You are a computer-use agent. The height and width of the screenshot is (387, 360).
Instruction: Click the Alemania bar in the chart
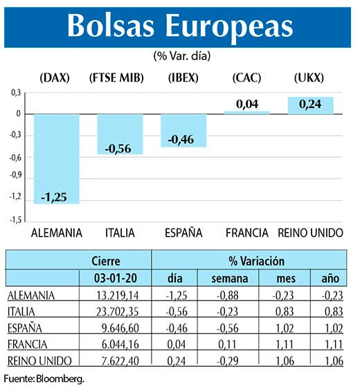pyautogui.click(x=56, y=159)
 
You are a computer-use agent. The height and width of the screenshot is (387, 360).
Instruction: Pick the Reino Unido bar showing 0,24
pyautogui.click(x=310, y=105)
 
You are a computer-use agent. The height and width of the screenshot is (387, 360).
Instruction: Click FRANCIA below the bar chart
pyautogui.click(x=247, y=233)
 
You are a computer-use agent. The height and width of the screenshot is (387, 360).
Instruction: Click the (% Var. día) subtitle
pyautogui.click(x=181, y=55)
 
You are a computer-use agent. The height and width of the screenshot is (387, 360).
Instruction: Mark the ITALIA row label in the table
pyautogui.click(x=24, y=312)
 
